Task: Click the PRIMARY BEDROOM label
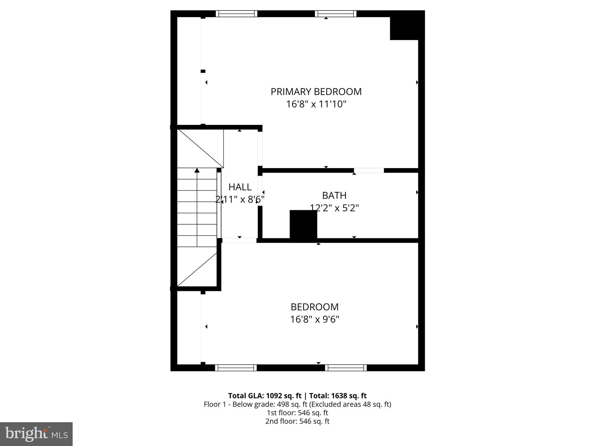(316, 92)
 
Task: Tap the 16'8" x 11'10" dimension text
(316, 104)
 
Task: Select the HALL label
(240, 187)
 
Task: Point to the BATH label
(334, 196)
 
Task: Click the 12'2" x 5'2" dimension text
(334, 208)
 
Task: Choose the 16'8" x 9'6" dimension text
(315, 319)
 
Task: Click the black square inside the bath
(303, 225)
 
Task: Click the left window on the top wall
(236, 14)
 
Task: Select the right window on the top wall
(336, 14)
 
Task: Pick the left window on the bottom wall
(236, 368)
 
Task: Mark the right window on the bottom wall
(346, 368)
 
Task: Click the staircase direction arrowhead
(197, 170)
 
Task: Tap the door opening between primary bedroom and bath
(369, 170)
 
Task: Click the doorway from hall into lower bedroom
(239, 240)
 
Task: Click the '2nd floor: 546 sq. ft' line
(297, 421)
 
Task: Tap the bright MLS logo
(36, 434)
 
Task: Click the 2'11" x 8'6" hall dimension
(240, 199)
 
